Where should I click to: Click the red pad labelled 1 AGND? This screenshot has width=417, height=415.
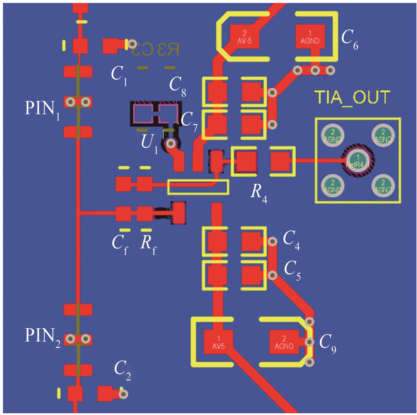[310, 37]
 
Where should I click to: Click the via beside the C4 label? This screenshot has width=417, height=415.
[273, 241]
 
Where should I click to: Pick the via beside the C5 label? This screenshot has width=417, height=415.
[273, 275]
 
